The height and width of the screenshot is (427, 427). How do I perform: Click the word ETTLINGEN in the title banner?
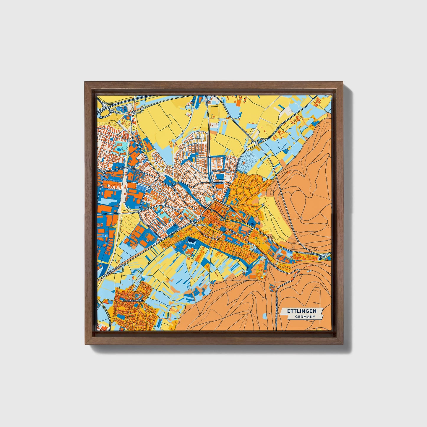(x=302, y=311)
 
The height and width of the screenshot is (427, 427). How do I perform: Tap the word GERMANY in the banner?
(x=305, y=316)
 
